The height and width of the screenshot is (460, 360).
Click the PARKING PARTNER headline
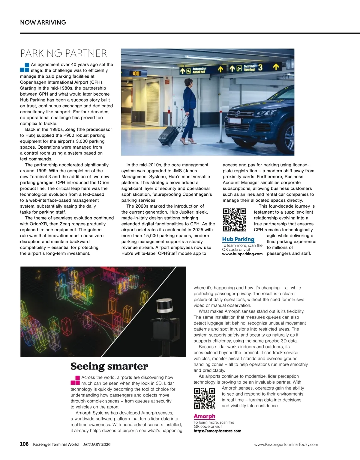63,53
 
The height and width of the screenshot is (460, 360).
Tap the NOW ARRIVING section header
43,22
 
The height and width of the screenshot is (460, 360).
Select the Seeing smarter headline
109,366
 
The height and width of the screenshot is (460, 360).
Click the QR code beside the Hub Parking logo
234,220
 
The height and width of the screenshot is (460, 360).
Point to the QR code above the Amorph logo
205,399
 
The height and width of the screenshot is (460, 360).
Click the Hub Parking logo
238,239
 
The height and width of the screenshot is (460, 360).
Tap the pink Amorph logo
204,416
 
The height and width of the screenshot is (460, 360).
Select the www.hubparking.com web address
242,254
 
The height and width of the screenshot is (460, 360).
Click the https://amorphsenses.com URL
217,431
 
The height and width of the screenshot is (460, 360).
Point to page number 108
24,444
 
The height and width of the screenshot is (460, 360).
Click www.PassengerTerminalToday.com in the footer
286,444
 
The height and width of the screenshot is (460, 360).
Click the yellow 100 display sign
136,73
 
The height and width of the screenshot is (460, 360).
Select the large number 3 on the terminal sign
260,68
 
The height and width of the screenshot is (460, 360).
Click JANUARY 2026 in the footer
97,444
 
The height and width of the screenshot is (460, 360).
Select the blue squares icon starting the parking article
25,68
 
